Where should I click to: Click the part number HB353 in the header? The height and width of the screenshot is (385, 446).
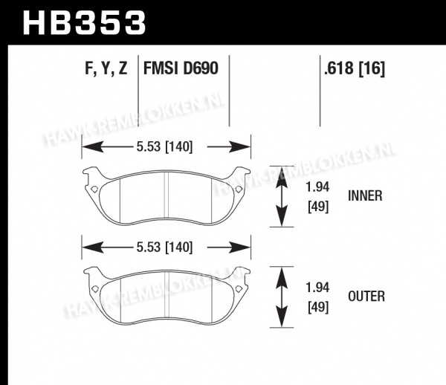[84, 23]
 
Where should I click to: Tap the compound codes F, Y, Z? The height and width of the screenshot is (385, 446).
[106, 68]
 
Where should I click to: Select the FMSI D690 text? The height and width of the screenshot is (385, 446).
[181, 68]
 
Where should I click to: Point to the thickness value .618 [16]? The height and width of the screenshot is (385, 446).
[355, 68]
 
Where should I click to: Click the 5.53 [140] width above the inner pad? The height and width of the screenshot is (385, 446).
[164, 147]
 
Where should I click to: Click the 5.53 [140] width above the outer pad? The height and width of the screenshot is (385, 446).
[164, 247]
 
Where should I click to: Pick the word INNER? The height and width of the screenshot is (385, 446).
[365, 196]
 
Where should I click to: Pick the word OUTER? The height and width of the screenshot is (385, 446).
[366, 297]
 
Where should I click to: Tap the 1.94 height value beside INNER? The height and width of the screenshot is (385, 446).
[317, 187]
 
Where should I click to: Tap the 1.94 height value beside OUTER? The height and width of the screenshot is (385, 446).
[317, 288]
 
